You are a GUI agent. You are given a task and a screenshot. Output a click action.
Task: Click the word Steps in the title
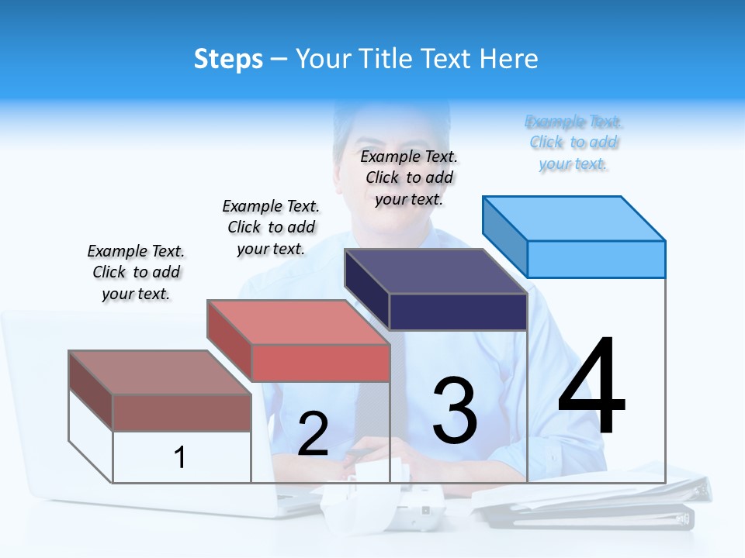(x=228, y=59)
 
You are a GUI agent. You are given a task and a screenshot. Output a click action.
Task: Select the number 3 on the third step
(x=455, y=412)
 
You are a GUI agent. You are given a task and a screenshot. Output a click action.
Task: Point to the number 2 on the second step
(x=313, y=435)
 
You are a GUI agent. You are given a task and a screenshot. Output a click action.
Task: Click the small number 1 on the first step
(x=180, y=458)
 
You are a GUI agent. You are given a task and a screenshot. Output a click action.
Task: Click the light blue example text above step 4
(x=573, y=143)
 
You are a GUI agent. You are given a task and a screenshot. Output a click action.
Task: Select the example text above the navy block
(x=409, y=177)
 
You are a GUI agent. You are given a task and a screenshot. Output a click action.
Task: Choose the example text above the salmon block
(x=271, y=227)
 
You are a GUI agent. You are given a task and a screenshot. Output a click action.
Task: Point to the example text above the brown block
(x=136, y=272)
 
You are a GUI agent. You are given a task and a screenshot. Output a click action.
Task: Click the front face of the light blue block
(x=596, y=259)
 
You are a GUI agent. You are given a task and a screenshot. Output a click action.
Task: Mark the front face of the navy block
(x=458, y=312)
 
